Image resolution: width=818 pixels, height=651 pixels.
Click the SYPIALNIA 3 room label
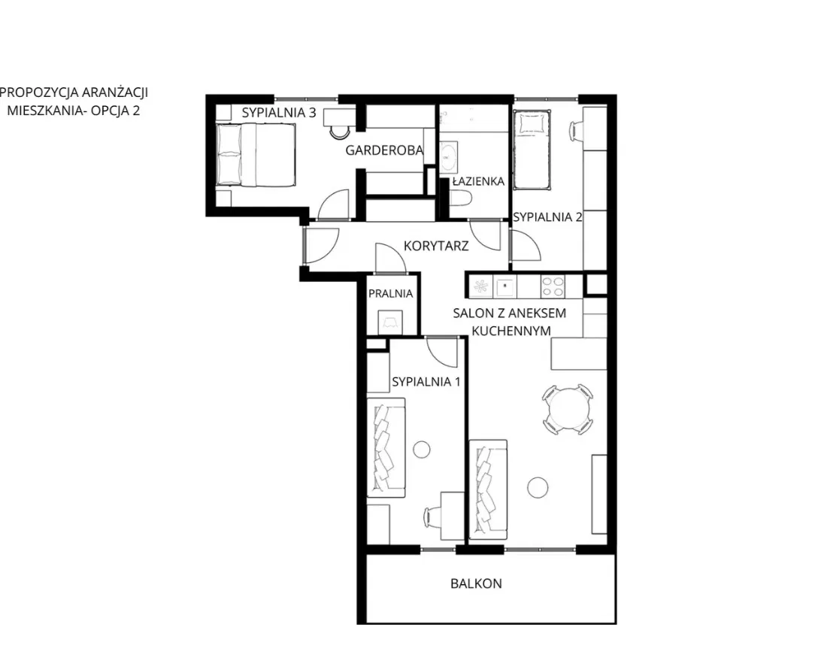279,113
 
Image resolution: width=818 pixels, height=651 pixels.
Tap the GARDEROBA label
384,151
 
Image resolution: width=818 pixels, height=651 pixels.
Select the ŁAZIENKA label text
478,181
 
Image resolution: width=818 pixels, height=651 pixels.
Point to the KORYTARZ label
436,246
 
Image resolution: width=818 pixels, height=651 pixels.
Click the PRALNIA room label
391,294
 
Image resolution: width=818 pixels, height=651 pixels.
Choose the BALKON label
477,583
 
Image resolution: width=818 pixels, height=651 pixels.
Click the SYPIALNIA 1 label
426,381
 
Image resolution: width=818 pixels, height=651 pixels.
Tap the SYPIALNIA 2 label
547,217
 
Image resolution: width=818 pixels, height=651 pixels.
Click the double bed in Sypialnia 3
256,154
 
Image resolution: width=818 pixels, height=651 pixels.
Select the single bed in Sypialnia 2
532,150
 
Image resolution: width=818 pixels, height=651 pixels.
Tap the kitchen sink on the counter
506,287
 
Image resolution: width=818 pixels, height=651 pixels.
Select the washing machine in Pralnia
389,322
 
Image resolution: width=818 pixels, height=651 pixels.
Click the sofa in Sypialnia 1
386,447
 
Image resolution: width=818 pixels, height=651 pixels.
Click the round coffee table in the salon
538,488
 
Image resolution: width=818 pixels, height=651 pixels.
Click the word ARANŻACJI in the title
115,92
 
